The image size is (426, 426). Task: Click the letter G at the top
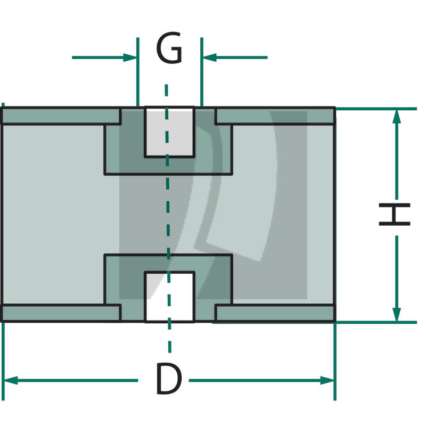click(x=169, y=49)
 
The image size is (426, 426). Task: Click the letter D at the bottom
click(x=168, y=379)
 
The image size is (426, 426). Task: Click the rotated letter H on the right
click(x=395, y=214)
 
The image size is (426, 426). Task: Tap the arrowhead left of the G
click(x=130, y=57)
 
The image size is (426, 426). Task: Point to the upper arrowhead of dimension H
click(x=396, y=117)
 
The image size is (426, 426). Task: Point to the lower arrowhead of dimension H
click(x=396, y=314)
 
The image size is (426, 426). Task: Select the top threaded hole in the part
click(x=169, y=132)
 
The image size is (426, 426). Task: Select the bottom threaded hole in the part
click(x=169, y=297)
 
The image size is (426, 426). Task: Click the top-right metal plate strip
click(x=275, y=116)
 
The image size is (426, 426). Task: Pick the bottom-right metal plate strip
click(x=275, y=313)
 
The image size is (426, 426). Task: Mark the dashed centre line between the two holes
click(x=168, y=213)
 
